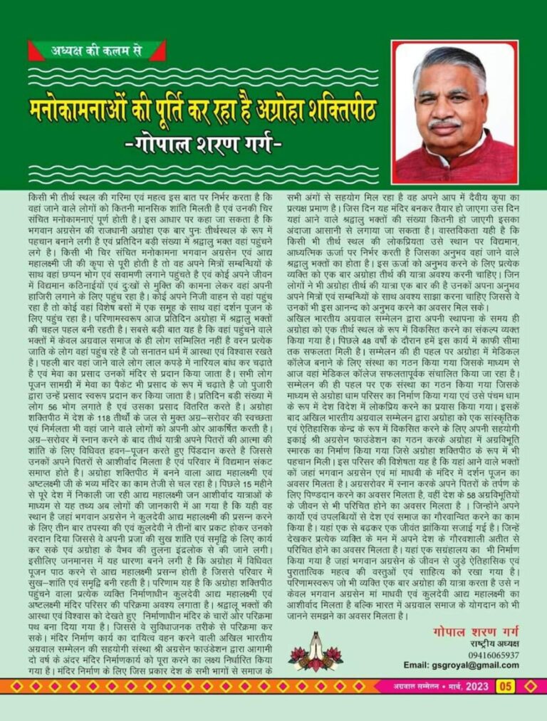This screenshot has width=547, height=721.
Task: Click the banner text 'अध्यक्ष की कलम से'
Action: point(97,51)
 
